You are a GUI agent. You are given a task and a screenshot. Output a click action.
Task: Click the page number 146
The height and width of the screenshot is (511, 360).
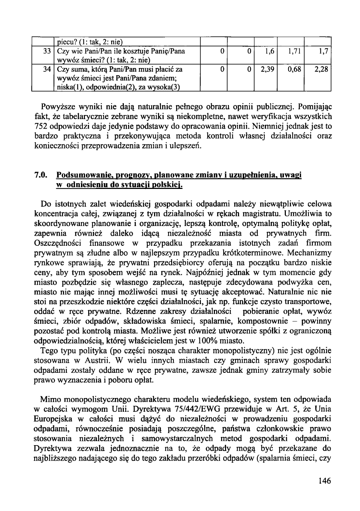324,481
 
